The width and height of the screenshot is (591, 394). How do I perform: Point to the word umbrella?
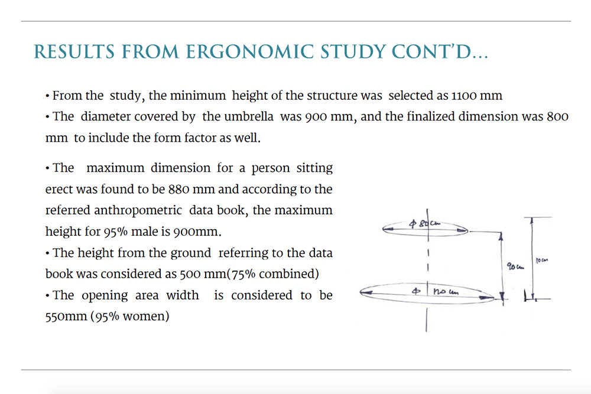pos(249,116)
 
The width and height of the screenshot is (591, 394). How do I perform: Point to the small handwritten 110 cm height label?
pos(542,260)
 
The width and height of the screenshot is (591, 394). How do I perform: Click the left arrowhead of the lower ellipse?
pos(364,291)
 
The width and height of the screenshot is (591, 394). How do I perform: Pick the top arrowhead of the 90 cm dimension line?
pos(501,235)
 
